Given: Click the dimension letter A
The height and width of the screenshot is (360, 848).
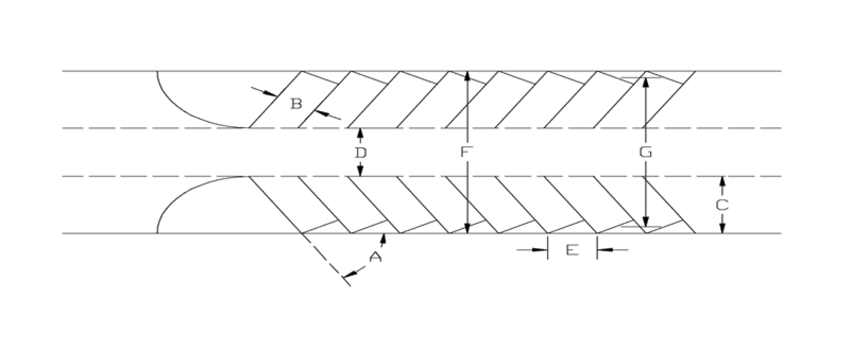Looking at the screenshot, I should [x=375, y=257].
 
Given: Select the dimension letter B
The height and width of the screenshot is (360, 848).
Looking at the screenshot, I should [x=296, y=104].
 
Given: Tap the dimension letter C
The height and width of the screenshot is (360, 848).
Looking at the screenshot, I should [x=722, y=205].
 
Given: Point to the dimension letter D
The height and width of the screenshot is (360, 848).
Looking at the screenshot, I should [x=360, y=153].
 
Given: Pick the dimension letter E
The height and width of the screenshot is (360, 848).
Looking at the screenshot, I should [x=572, y=250].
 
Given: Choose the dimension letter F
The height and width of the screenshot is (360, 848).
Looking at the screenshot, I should [x=467, y=152].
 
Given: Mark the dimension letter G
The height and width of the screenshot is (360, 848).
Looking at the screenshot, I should [x=645, y=152].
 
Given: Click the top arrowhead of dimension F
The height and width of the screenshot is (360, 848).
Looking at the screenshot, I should [x=467, y=77].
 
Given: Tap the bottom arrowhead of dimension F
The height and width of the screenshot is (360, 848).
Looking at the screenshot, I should [x=467, y=228].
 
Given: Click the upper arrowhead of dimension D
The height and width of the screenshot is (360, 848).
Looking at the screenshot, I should [x=360, y=133].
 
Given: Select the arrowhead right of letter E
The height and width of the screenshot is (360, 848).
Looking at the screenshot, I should [x=604, y=250].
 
